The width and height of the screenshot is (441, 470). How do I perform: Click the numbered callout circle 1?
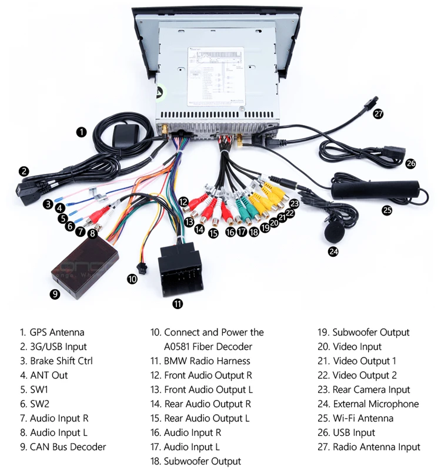tap(81, 132)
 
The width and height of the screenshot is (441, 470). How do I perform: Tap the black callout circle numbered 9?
tap(55, 295)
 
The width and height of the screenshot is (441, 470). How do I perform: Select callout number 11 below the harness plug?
tap(178, 304)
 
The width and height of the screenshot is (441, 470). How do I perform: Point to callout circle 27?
tap(378, 114)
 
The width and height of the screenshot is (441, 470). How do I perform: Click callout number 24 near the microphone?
tap(333, 251)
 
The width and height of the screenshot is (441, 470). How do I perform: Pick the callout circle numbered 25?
tap(387, 210)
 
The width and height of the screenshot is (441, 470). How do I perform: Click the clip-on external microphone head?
tap(333, 230)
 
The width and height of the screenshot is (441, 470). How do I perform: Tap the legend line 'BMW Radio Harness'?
tap(207, 361)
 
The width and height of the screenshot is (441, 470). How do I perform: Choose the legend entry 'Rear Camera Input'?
tap(371, 390)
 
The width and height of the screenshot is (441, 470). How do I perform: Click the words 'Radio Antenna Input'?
tap(376, 447)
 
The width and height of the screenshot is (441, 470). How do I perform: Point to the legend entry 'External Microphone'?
tap(376, 404)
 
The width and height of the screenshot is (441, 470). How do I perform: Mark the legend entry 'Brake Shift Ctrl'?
tap(61, 361)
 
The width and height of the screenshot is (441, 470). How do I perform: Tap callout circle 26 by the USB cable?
tap(410, 163)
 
